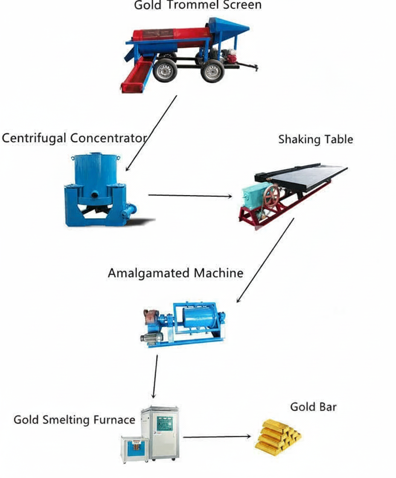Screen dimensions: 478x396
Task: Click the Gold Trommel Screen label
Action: (x=198, y=6)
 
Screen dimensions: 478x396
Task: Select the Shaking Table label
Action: (x=315, y=140)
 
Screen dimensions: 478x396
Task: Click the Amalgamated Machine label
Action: (x=175, y=273)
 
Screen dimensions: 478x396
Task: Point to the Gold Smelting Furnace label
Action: (x=74, y=420)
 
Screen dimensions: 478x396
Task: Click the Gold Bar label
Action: (x=313, y=407)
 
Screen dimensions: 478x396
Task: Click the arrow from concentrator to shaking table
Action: (x=190, y=195)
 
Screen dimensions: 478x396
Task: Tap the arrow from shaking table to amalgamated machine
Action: (x=265, y=260)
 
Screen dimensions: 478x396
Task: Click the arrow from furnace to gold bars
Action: (x=217, y=437)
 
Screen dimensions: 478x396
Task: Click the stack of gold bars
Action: (x=278, y=435)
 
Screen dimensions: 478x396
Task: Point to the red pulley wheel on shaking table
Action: (x=271, y=195)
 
